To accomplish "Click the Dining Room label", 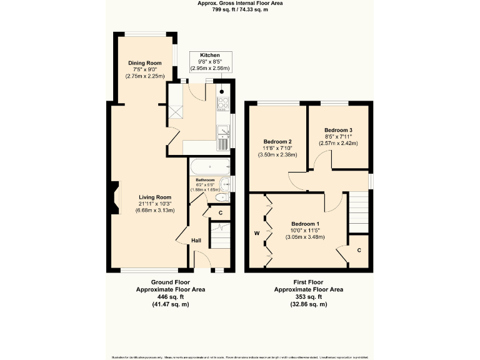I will pyautogui.click(x=145, y=63).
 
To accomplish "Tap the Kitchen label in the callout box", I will pyautogui.click(x=209, y=55).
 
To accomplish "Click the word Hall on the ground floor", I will pyautogui.click(x=196, y=240).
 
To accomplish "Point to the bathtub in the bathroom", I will pyautogui.click(x=210, y=167).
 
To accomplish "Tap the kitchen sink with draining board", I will pyautogui.click(x=224, y=136).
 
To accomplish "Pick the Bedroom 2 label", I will pyautogui.click(x=278, y=141).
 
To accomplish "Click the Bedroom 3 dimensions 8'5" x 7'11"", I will pyautogui.click(x=341, y=136).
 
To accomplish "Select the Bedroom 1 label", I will pyautogui.click(x=306, y=224).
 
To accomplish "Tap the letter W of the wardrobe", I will pyautogui.click(x=256, y=234).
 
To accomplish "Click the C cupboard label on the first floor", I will pyautogui.click(x=359, y=250).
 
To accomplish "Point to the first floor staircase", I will pyautogui.click(x=358, y=211).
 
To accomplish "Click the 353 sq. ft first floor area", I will pyautogui.click(x=308, y=297).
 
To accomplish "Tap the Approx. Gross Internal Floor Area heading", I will pyautogui.click(x=239, y=4).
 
